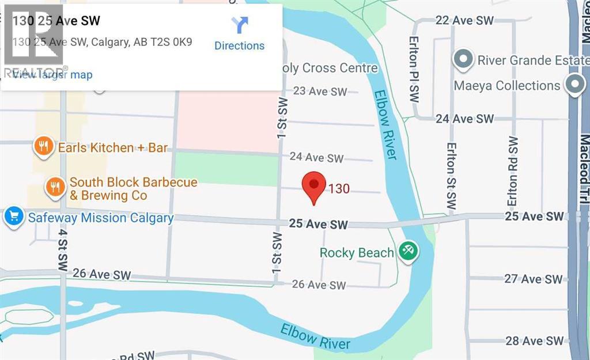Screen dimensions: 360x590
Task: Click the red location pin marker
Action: tap(314, 186)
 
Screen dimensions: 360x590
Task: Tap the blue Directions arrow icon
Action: tap(240, 25)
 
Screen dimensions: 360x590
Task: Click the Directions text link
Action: tap(239, 46)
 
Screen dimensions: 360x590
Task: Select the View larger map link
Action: tap(52, 75)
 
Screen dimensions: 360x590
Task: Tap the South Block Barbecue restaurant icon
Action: tap(55, 188)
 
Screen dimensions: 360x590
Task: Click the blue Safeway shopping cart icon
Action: tap(13, 217)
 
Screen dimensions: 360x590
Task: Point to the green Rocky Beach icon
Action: tap(410, 251)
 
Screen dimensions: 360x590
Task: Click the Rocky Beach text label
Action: tap(357, 252)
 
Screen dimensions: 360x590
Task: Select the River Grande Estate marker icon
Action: tap(462, 59)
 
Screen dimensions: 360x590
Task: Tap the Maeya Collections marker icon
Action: tap(574, 85)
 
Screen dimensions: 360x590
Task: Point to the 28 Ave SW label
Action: tap(534, 341)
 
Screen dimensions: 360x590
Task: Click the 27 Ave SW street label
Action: tap(534, 279)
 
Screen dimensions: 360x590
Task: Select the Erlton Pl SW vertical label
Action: tap(414, 69)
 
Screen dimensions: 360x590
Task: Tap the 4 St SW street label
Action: tap(62, 249)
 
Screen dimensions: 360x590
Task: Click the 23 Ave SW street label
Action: tap(320, 91)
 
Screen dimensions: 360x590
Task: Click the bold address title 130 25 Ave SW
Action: tap(56, 21)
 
